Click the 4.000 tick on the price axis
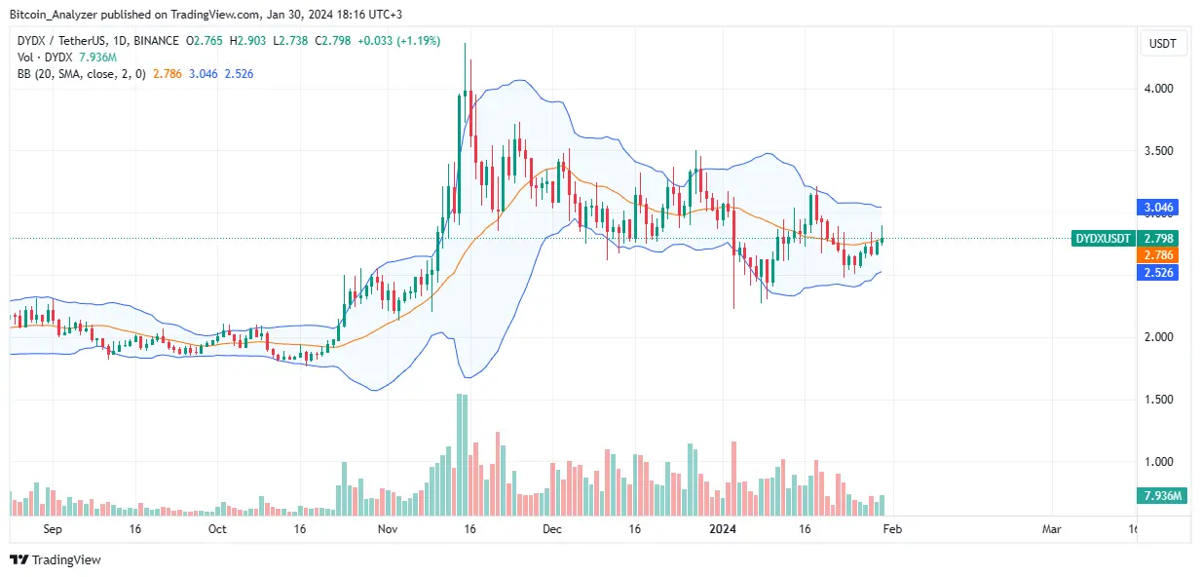tap(1159, 89)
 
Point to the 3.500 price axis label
tap(1159, 151)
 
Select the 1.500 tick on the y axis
tap(1159, 400)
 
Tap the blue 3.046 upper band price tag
tap(1159, 208)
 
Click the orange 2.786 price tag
tap(1159, 254)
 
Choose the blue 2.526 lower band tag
tap(1159, 273)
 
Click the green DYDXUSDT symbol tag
tap(1103, 238)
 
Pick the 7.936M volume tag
tap(1159, 497)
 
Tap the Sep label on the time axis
tap(54, 529)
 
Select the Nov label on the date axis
tap(388, 529)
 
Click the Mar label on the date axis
tap(1051, 529)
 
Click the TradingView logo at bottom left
tap(56, 559)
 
